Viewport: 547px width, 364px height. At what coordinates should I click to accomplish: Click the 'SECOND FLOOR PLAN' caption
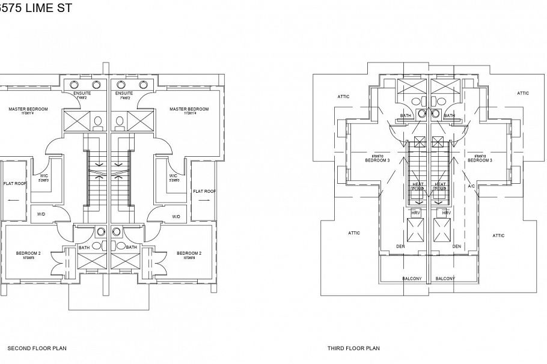pyautogui.click(x=37, y=348)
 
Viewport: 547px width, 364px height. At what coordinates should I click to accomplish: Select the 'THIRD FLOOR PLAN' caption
pyautogui.click(x=353, y=348)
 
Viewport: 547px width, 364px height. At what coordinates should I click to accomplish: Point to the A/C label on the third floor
pyautogui.click(x=471, y=186)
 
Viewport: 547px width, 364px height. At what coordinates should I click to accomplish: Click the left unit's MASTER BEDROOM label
pyautogui.click(x=28, y=109)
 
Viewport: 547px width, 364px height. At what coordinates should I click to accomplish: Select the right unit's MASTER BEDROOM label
pyautogui.click(x=189, y=109)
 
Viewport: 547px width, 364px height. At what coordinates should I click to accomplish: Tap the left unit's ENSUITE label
pyautogui.click(x=82, y=94)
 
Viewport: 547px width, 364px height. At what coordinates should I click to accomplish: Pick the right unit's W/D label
pyautogui.click(x=176, y=216)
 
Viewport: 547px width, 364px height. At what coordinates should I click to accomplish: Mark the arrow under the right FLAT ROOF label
pyautogui.click(x=204, y=202)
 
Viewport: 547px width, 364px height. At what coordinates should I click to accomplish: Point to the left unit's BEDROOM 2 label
pyautogui.click(x=28, y=253)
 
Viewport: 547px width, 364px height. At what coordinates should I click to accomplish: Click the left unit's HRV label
pyautogui.click(x=415, y=213)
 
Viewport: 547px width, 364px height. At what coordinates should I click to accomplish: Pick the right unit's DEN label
pyautogui.click(x=456, y=246)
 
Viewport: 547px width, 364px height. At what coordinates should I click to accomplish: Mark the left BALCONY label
pyautogui.click(x=411, y=278)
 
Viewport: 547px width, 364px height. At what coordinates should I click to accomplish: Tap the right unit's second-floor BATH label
pyautogui.click(x=131, y=247)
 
